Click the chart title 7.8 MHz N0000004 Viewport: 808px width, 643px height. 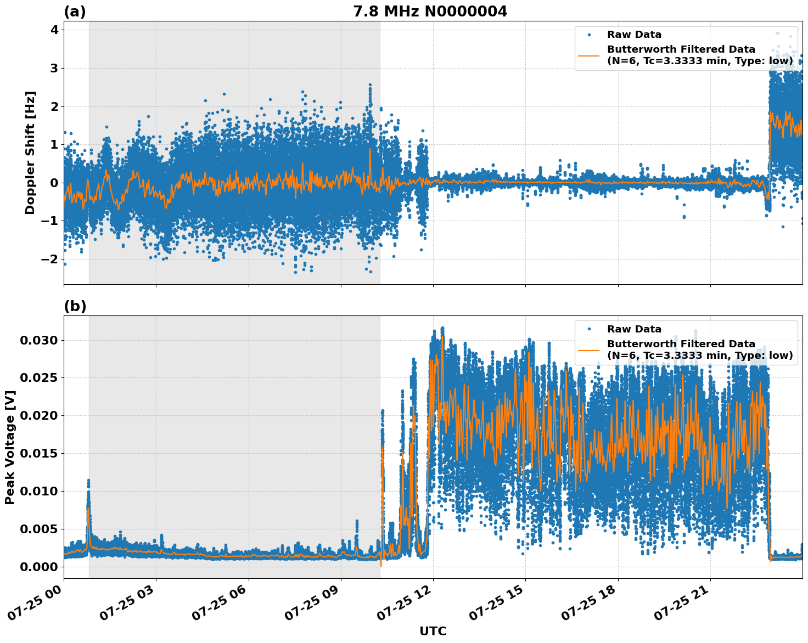click(430, 11)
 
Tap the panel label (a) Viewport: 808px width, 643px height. click(75, 12)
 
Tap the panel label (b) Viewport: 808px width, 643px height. click(75, 306)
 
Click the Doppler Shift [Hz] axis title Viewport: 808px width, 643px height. click(30, 153)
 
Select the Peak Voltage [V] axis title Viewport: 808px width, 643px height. click(10, 447)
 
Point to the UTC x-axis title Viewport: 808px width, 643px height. click(433, 631)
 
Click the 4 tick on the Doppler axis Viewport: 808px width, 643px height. click(54, 30)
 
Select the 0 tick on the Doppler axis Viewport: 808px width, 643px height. click(54, 183)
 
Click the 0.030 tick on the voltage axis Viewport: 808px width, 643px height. click(39, 340)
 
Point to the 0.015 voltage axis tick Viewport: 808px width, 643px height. click(39, 453)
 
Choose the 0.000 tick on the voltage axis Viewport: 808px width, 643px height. click(39, 567)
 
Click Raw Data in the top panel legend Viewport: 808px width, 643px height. click(634, 35)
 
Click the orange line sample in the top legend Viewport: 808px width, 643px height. click(589, 55)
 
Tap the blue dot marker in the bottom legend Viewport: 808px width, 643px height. click(589, 329)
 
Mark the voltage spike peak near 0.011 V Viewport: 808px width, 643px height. click(88, 481)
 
